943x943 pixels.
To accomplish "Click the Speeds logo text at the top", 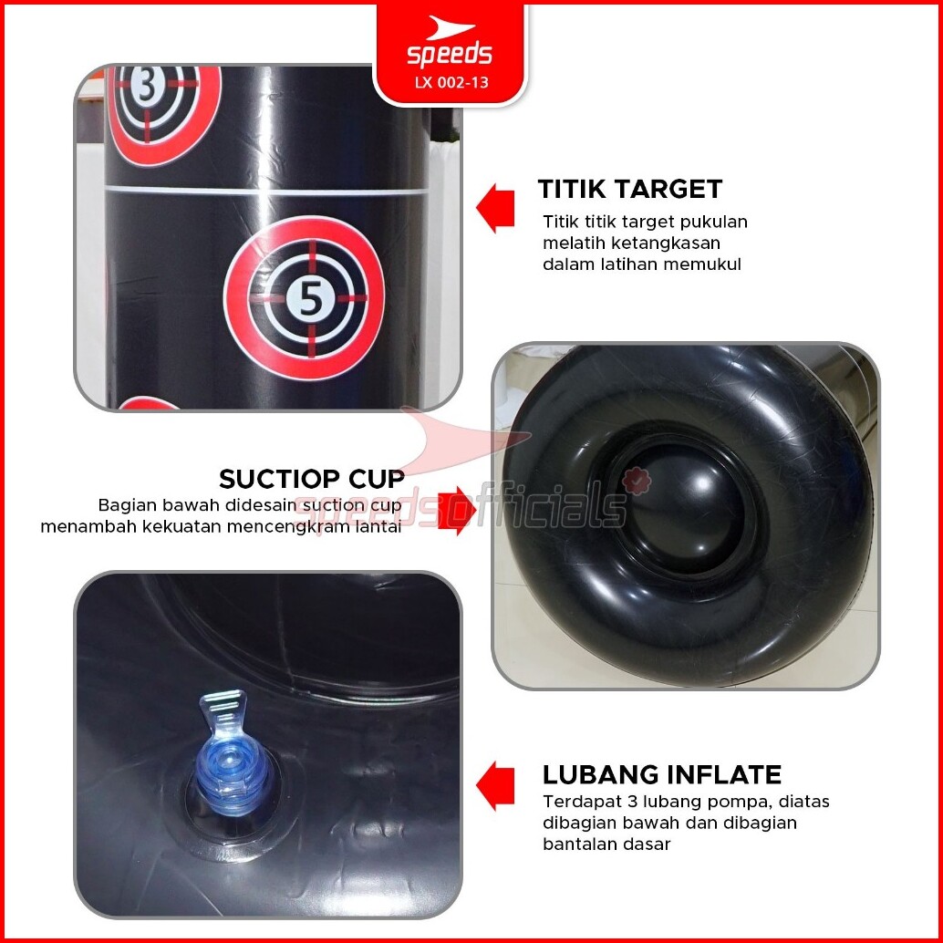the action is point(450,54).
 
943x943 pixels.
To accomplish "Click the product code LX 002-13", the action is point(451,82).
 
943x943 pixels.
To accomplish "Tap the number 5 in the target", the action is point(310,298).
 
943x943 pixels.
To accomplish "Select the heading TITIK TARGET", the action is point(629,189).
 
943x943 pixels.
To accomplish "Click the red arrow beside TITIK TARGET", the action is point(495,208).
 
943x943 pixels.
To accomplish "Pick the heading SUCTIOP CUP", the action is point(312,479).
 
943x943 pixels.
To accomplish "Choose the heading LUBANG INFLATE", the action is point(661,774).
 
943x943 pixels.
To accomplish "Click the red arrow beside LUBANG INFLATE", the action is point(495,785).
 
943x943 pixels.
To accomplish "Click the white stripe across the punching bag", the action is point(267,192).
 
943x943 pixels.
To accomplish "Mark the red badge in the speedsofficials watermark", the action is point(637,482).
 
